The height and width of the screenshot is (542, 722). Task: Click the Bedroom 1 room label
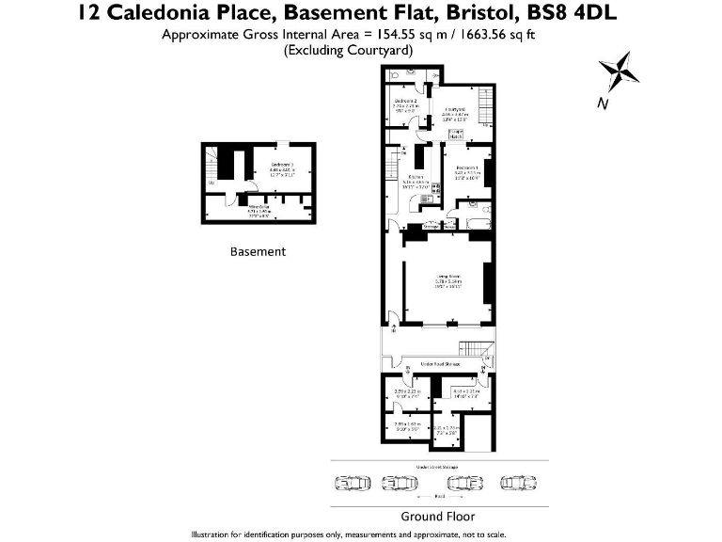tap(467, 167)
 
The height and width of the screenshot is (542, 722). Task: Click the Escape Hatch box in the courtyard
tap(457, 134)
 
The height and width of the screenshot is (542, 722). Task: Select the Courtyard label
tap(457, 109)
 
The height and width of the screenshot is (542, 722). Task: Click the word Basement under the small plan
tap(258, 252)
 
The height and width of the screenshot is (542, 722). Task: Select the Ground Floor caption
tap(437, 517)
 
